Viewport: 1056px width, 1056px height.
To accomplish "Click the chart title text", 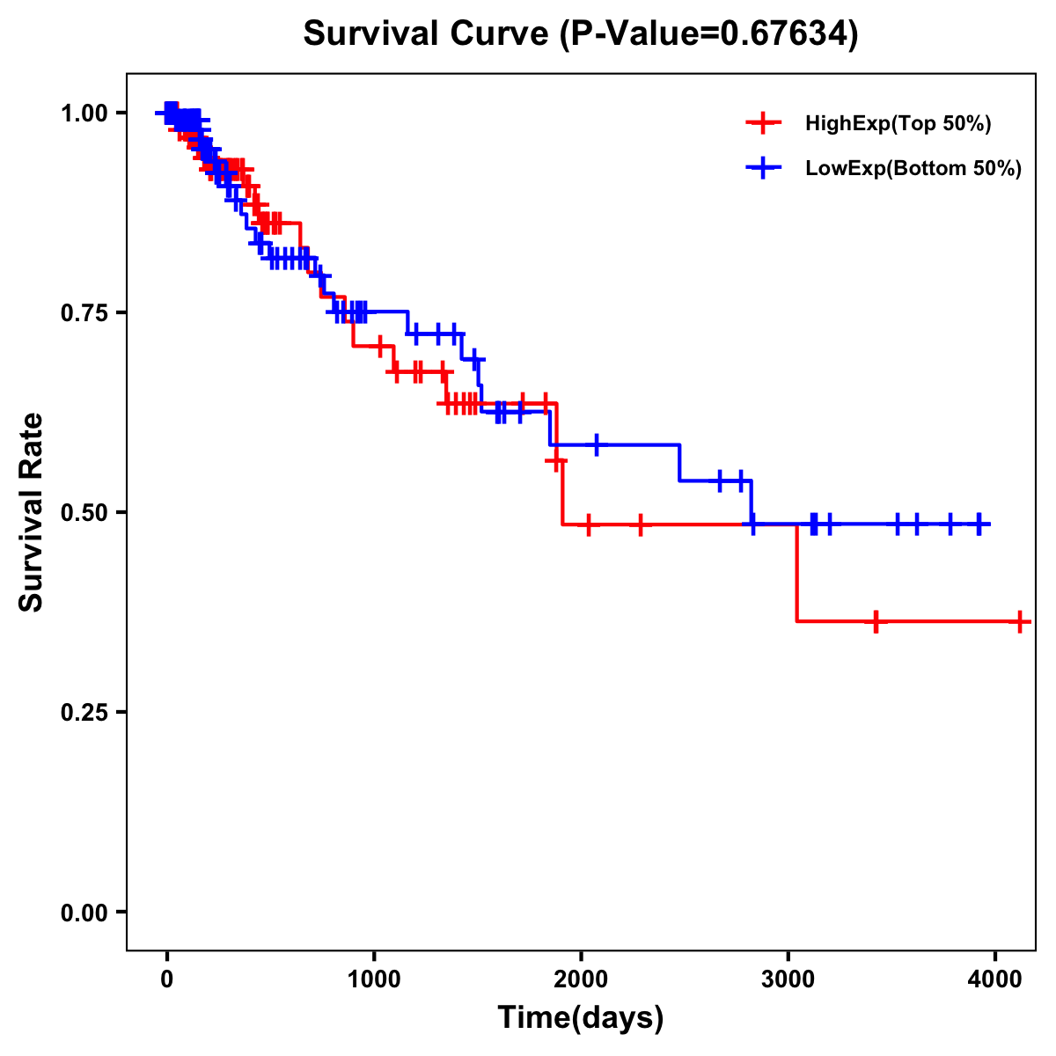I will coord(580,33).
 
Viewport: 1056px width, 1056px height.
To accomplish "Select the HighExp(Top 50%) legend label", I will coord(898,124).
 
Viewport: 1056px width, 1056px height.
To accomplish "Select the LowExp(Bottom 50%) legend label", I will coord(913,169).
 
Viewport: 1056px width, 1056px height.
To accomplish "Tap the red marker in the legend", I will coord(763,124).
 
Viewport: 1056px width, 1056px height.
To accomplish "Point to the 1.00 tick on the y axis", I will coord(84,113).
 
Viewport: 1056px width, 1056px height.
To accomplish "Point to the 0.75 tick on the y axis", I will coord(84,312).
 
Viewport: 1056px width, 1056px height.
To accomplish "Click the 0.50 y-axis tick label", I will coord(84,512).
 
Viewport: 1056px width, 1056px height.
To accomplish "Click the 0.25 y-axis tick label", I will coord(84,712).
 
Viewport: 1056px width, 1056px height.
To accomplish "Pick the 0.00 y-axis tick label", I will coord(84,912).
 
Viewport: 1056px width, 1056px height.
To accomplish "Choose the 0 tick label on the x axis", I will coord(167,979).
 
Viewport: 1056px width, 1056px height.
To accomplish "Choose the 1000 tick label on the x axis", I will coord(374,979).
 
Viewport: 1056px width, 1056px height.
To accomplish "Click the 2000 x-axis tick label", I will coord(581,979).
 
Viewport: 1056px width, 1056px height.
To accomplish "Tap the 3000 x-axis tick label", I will coord(788,979).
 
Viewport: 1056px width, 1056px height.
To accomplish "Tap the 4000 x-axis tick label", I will coord(994,979).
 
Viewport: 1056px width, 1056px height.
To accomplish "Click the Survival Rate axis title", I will coord(32,512).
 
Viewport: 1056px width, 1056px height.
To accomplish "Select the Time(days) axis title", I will coord(581,1018).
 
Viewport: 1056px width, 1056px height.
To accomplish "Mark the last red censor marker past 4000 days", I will coord(1019,622).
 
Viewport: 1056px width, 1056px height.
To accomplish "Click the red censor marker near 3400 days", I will coord(876,622).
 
